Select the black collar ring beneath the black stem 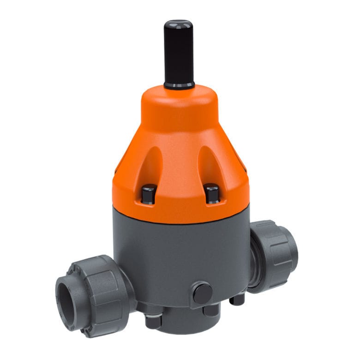click(179, 85)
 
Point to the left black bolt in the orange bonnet click(149, 194)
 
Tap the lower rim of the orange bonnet click(180, 217)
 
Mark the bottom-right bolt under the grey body click(237, 300)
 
